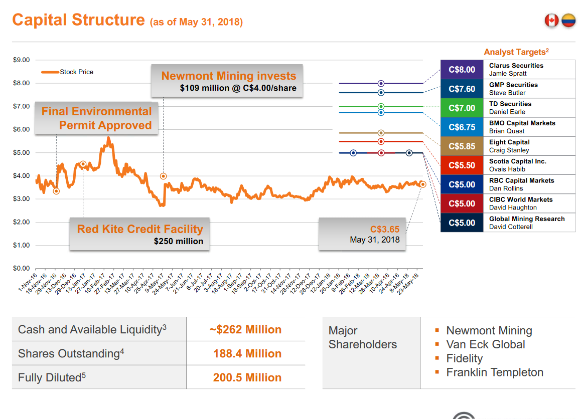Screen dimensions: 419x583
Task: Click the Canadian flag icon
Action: (551, 21)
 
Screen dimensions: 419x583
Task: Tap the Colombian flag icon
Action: (568, 21)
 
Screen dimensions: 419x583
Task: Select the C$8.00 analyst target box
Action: (462, 70)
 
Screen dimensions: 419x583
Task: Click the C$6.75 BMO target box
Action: (462, 127)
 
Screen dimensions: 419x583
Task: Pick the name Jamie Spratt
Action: (508, 74)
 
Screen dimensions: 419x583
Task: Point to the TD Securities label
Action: (510, 104)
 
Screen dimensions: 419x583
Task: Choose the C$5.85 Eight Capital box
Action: (462, 146)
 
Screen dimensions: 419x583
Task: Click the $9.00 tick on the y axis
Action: (21, 60)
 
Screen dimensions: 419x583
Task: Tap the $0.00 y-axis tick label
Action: (21, 269)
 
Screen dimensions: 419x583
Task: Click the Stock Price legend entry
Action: (76, 72)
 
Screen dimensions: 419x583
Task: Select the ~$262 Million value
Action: (245, 330)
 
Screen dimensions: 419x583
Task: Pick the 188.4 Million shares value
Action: (247, 354)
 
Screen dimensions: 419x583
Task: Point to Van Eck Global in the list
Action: (485, 345)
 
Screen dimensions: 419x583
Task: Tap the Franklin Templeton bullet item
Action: (494, 372)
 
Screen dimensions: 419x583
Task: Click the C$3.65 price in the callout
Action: (385, 229)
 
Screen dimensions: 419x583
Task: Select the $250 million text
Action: (178, 241)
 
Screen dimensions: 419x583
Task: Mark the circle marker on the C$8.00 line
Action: (381, 84)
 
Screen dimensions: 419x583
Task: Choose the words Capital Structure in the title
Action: (78, 20)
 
